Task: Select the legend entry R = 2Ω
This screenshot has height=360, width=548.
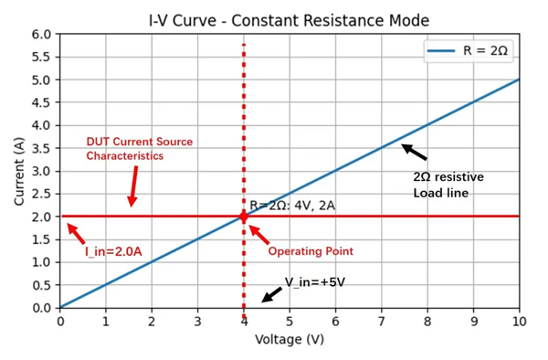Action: click(x=469, y=51)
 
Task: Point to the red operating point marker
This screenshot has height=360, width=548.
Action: click(x=243, y=217)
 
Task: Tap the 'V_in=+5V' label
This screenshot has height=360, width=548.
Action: click(x=316, y=282)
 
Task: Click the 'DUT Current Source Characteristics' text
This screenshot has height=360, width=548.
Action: click(x=139, y=149)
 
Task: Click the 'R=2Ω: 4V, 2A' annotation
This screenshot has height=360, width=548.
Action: click(x=292, y=206)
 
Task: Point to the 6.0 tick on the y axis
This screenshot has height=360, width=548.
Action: click(x=40, y=35)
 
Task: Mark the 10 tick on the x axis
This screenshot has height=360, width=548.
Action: click(x=519, y=322)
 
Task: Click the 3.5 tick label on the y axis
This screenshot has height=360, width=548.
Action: click(x=40, y=148)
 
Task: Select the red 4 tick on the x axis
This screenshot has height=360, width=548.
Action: click(x=243, y=322)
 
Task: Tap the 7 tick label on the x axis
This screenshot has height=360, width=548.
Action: click(x=381, y=322)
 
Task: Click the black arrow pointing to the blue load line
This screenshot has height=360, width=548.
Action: click(x=414, y=152)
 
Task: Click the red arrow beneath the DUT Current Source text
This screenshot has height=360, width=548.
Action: click(x=132, y=189)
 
